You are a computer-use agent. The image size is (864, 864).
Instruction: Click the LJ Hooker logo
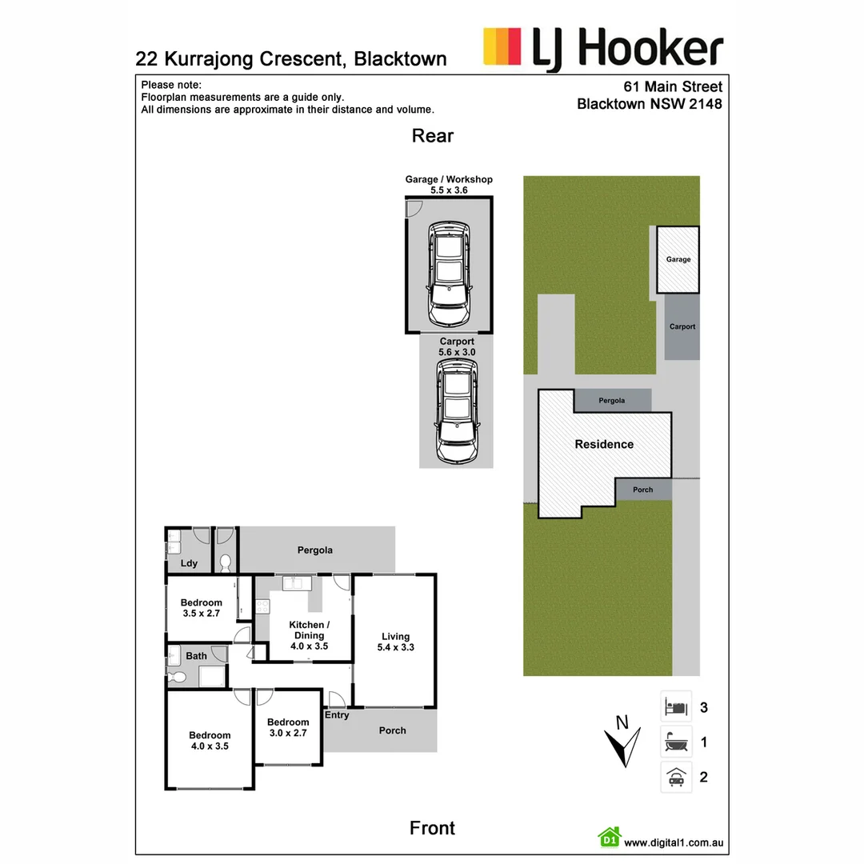[603, 48]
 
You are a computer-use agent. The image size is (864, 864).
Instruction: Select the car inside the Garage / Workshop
[448, 274]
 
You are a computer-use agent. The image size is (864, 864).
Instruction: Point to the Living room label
[395, 642]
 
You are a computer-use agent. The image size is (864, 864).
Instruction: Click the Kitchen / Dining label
[307, 635]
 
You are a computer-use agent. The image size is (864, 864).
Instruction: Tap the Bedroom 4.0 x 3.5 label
[210, 741]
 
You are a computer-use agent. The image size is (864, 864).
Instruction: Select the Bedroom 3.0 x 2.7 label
[288, 727]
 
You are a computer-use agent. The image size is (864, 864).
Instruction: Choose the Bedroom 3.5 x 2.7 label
[201, 608]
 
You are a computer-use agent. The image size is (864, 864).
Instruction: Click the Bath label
[196, 656]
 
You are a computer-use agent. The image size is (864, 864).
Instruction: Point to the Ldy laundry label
[189, 563]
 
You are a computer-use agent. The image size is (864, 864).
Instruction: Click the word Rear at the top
[433, 136]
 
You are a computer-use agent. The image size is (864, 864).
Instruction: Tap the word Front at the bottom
[432, 828]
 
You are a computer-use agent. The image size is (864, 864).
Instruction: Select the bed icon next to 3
[676, 707]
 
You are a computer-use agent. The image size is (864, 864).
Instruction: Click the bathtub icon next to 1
[676, 742]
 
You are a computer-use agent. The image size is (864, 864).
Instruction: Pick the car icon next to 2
[676, 777]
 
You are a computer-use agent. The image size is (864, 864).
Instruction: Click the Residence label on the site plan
[604, 445]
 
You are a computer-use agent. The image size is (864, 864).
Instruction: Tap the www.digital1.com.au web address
[674, 842]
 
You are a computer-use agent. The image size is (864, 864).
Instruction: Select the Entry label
[337, 715]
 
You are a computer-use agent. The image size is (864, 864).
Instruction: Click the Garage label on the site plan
[678, 259]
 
